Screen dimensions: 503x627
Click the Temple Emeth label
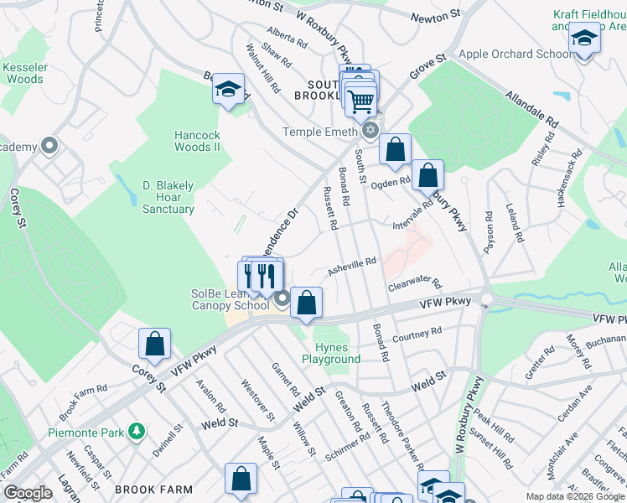(320, 132)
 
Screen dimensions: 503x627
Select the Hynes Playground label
(337, 353)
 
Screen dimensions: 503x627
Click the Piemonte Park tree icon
(137, 431)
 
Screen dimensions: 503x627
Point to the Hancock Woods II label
(185, 141)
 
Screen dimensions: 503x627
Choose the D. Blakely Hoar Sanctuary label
(168, 197)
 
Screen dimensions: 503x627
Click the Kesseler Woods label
(23, 73)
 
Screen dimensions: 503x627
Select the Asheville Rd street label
(352, 266)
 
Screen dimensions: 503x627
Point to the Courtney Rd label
(417, 334)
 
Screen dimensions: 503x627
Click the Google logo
(28, 493)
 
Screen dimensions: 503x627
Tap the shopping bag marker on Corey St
(154, 343)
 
